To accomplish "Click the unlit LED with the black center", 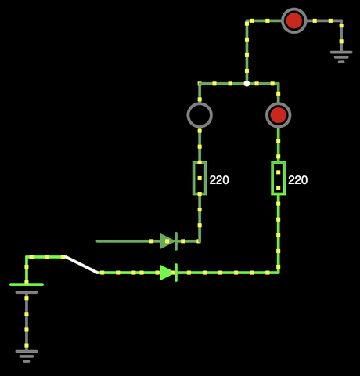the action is coord(200,115).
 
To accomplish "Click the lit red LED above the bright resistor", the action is coord(279,115).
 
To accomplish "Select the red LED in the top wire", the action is coord(294,20).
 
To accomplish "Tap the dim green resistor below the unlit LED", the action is coord(200,178).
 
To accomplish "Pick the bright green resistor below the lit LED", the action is coord(279,178).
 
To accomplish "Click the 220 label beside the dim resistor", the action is coord(219,180).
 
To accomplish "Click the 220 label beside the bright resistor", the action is coord(298,180).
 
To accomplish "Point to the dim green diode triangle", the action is coord(167,241).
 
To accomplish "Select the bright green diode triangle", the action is coord(167,273).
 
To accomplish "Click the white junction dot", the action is coord(247,84).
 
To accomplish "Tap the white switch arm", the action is coord(81,265).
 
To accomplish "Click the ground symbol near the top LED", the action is coord(341,57).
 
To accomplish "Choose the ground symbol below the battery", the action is coord(27,356).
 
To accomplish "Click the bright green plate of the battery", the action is coord(27,284).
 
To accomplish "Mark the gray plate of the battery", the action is coord(27,292).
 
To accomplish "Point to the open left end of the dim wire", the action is coord(97,241).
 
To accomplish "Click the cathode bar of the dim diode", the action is coord(176,241).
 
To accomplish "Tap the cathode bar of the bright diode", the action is coord(176,273).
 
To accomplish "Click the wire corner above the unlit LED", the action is coord(200,84).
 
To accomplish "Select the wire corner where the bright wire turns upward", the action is coord(279,273).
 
